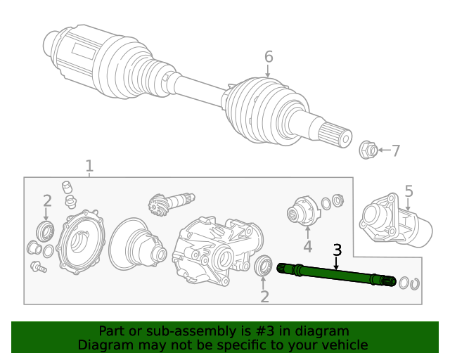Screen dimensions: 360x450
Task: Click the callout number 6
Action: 268,57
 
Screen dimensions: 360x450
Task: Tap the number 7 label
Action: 396,150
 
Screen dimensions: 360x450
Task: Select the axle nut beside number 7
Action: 367,150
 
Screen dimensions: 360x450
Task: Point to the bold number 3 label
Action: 337,250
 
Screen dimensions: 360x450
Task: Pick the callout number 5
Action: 409,191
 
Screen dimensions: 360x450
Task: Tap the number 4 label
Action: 307,246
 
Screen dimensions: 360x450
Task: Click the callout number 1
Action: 89,167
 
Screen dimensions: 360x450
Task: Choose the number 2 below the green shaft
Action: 264,296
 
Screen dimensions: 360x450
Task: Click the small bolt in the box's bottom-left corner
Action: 38,267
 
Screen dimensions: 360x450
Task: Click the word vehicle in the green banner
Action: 343,345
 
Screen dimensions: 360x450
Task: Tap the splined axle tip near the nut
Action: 336,134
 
